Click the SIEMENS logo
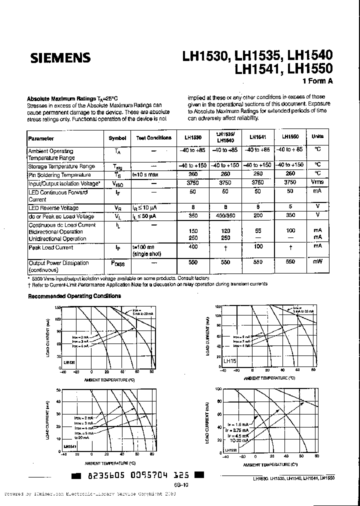[x=60, y=58]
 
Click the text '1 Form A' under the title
[x=317, y=81]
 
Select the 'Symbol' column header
[x=117, y=138]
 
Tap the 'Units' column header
[x=317, y=136]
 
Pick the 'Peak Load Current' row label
[x=50, y=247]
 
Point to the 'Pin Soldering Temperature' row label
[x=59, y=175]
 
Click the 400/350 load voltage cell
[x=221, y=216]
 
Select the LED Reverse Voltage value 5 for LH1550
[x=290, y=207]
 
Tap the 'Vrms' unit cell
[x=317, y=182]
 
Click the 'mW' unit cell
[x=317, y=262]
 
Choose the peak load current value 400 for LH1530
[x=193, y=247]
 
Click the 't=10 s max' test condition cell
[x=145, y=175]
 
